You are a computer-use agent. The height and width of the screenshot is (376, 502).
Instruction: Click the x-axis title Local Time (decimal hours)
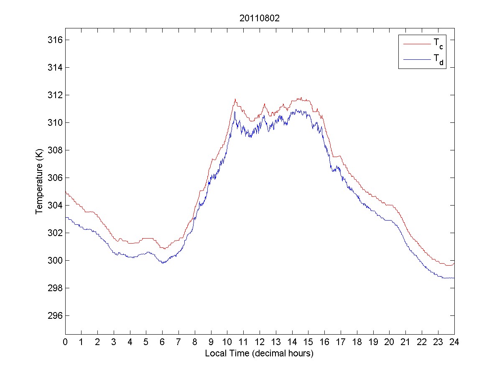coord(259,353)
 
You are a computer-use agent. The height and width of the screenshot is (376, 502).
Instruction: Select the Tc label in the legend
coord(437,43)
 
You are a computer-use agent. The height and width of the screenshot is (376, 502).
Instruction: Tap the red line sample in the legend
coord(416,43)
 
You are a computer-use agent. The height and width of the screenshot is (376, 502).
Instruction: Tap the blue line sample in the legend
coord(416,60)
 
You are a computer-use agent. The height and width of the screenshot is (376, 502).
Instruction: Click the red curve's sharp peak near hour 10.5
coord(235,99)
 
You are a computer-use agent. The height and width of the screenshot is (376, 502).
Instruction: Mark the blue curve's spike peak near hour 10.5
coord(235,112)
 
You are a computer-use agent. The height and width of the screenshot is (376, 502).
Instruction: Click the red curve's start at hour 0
coord(66,191)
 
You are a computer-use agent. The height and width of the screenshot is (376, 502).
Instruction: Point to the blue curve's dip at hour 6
coord(163,263)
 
